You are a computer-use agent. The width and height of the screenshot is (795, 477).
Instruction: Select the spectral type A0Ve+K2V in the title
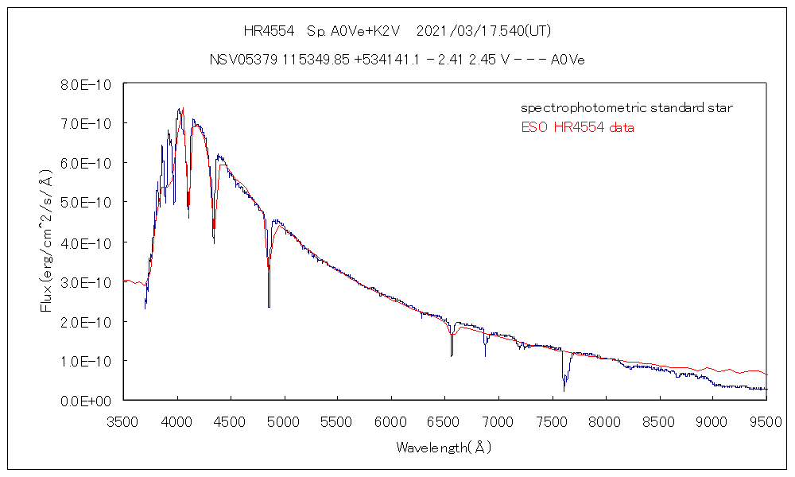351,32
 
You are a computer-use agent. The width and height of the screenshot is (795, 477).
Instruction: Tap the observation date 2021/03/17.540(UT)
483,32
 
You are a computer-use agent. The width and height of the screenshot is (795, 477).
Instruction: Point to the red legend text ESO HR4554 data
577,128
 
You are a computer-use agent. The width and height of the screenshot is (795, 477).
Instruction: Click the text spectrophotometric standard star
626,108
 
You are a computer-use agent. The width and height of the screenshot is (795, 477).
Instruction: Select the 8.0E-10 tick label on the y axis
88,85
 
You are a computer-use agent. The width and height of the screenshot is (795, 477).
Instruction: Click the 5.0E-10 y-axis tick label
88,204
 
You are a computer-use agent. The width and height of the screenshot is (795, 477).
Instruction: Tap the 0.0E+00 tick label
88,401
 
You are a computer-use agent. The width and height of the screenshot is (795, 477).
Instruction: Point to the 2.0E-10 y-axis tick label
88,322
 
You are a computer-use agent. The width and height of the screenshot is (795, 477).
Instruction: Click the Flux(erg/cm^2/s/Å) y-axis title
47,242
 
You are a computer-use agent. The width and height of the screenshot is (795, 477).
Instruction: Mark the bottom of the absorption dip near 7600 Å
564,390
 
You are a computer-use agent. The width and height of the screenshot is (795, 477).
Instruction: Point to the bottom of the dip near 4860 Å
269,306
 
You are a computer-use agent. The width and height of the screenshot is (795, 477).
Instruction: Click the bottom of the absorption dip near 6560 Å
452,355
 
